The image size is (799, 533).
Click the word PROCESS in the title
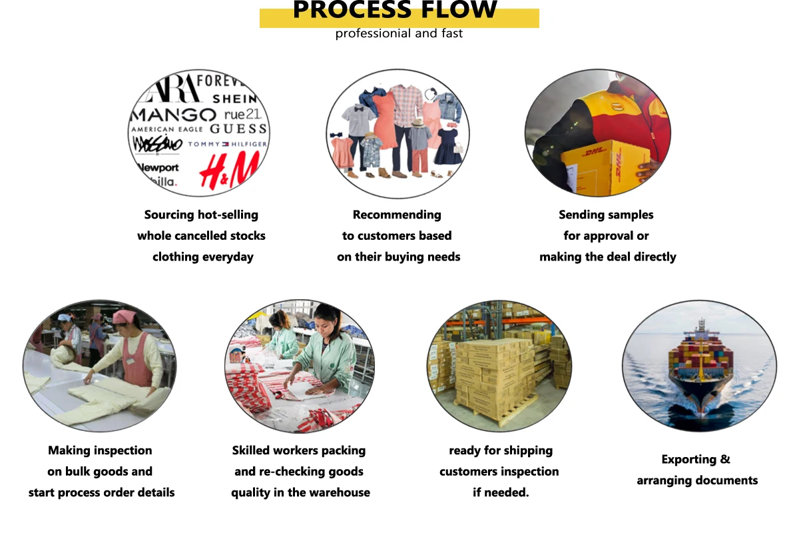pos(352,9)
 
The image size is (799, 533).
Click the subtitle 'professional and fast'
pos(399,33)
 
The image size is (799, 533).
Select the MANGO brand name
pos(174,115)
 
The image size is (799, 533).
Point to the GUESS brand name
pos(238,129)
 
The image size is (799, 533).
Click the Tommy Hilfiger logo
pos(227,144)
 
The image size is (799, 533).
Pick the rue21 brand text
pos(243,114)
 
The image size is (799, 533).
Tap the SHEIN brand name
pos(234,99)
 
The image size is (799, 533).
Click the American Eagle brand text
pos(167,129)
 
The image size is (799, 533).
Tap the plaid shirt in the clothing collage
pos(406,105)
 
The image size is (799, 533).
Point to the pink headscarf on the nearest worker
pos(125,316)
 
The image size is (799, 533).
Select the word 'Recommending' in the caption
pos(397,215)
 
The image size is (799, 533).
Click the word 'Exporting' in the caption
pos(688,460)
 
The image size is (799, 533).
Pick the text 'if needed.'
pos(501,492)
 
